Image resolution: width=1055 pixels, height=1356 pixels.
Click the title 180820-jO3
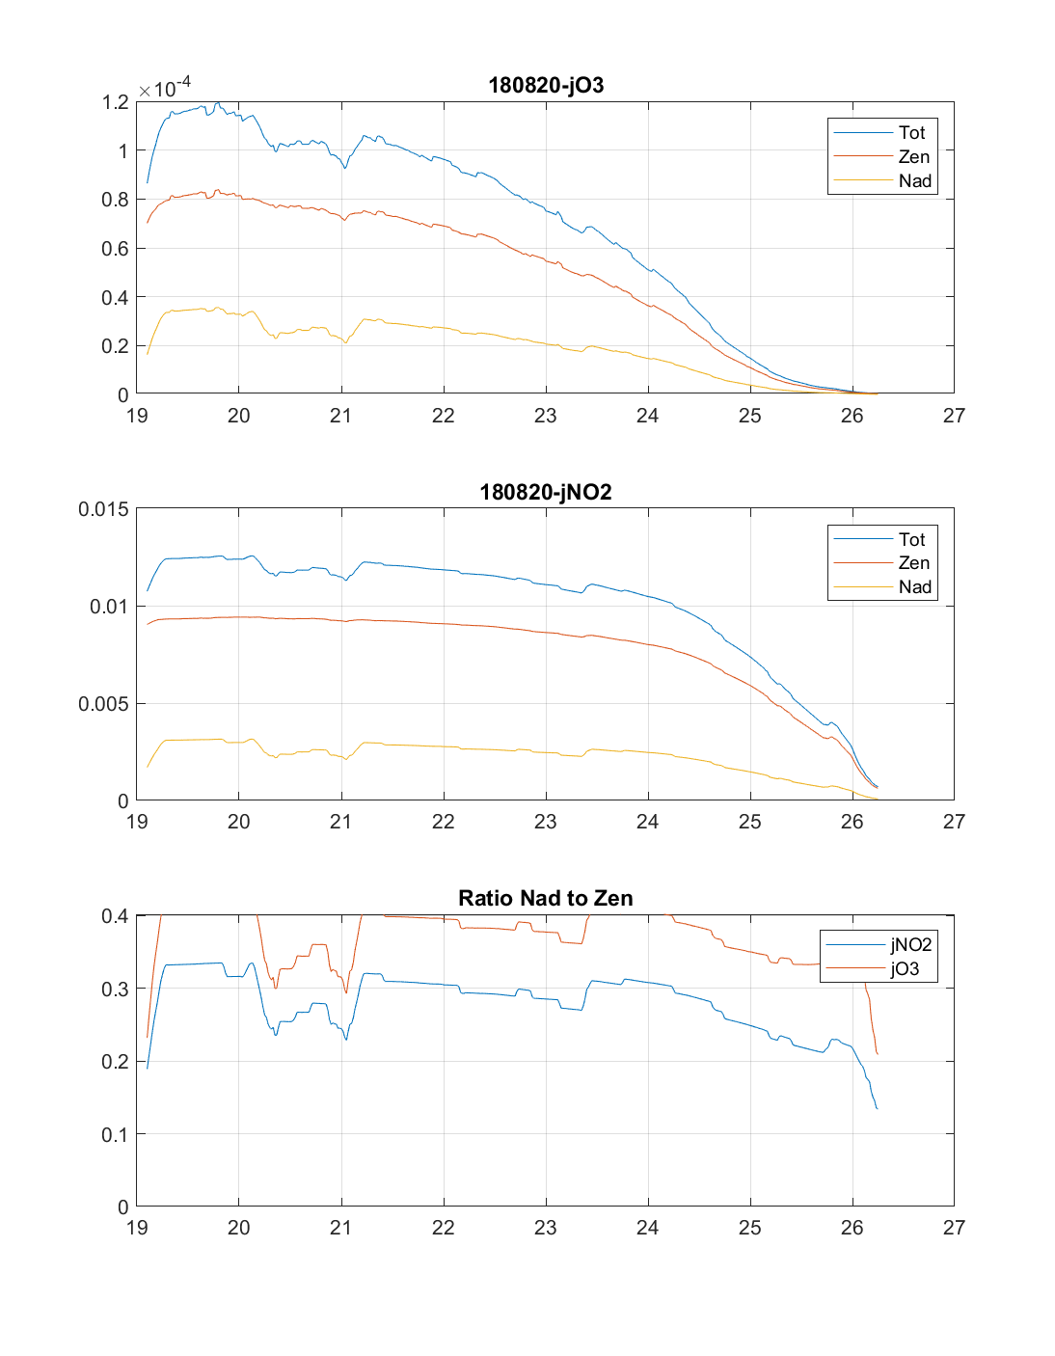coord(546,85)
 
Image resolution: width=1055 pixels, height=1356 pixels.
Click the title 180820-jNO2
coord(546,492)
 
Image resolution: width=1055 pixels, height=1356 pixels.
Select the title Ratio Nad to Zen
coord(546,898)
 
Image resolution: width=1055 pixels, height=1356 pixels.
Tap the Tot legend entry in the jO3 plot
coord(911,132)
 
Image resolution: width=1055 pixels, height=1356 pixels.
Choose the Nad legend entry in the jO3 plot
coord(914,180)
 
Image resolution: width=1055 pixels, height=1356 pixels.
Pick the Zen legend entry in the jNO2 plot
coord(913,563)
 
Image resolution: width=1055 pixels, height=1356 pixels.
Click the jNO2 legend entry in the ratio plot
coord(910,945)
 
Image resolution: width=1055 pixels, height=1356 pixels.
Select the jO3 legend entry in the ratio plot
coord(905,969)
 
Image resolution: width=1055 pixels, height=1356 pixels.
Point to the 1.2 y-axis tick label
coord(115,102)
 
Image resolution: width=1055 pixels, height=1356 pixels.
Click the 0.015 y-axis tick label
coord(103,509)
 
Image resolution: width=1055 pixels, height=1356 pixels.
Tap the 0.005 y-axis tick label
coord(103,704)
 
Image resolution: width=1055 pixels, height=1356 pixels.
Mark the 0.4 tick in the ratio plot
coord(115,916)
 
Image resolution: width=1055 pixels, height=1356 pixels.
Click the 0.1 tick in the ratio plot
coord(115,1134)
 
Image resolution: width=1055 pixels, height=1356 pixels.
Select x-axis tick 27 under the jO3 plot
coord(954,416)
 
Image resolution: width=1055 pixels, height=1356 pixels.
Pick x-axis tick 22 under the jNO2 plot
coord(443,822)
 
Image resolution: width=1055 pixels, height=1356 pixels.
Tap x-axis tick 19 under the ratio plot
coord(137,1228)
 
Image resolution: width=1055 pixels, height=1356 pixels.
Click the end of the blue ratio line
coord(877,1108)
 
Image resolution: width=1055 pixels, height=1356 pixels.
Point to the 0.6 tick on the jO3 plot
coord(115,249)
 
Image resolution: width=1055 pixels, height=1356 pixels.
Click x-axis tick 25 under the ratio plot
coord(749,1228)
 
